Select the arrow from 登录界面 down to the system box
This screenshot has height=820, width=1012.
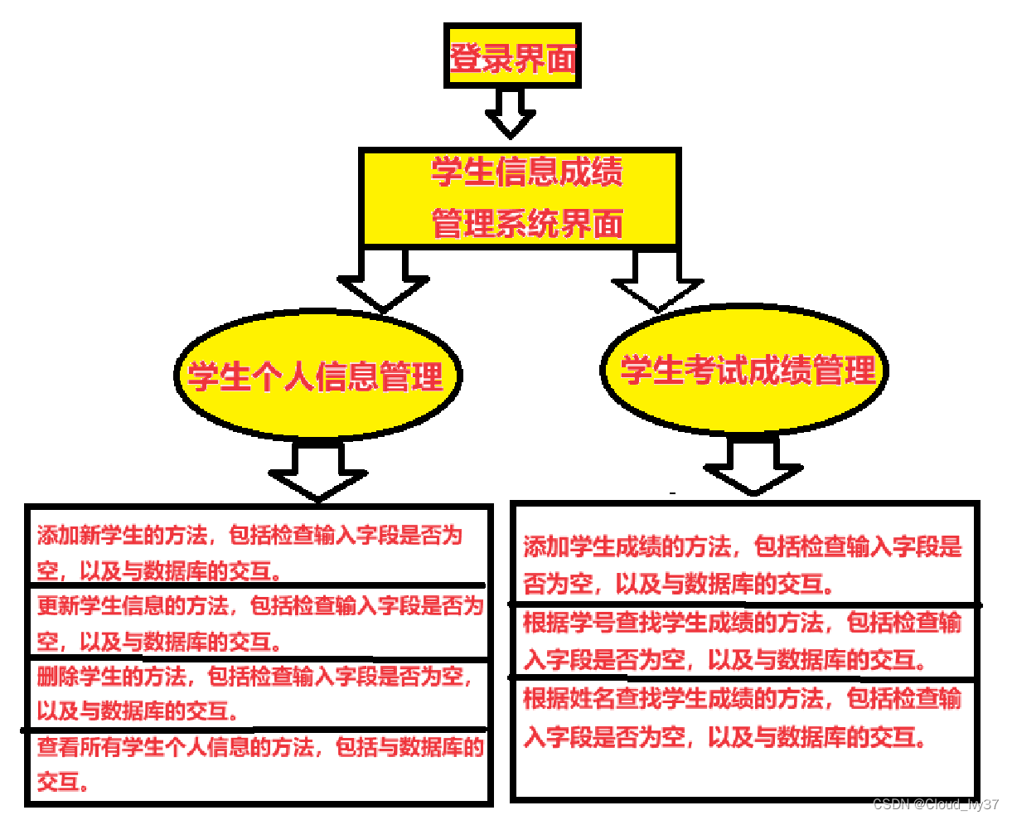(511, 112)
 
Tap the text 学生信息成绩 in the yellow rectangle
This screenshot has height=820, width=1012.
(526, 172)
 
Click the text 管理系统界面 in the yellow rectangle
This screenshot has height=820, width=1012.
(526, 223)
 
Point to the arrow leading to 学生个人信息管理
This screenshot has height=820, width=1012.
(383, 283)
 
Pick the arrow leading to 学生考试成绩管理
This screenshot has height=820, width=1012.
(657, 282)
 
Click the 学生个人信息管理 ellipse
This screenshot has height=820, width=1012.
(317, 376)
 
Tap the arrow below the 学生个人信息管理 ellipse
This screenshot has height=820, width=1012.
(318, 472)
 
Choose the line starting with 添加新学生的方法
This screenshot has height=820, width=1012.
(249, 536)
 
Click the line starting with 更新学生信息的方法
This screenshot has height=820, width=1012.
(259, 606)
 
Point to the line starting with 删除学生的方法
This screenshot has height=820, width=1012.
(254, 677)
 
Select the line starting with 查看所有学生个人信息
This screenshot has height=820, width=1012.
(259, 748)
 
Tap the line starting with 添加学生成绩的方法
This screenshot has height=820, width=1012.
(742, 547)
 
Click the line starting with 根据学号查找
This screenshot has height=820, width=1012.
(742, 623)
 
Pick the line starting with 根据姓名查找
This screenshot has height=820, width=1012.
(742, 699)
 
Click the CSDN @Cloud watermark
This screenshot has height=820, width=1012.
(936, 804)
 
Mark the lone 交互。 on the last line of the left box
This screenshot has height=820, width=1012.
(63, 782)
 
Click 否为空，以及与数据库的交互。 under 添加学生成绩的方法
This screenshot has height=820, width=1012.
(678, 585)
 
